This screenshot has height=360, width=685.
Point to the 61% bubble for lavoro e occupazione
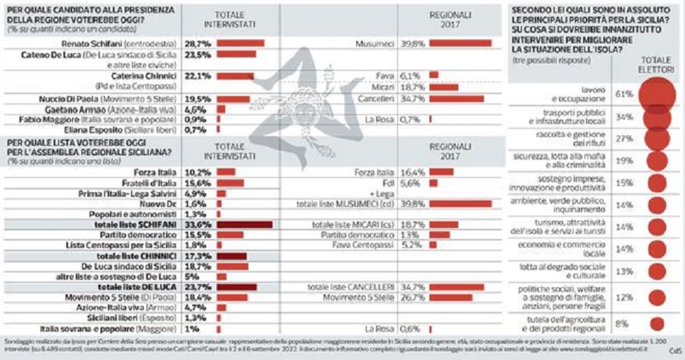658,95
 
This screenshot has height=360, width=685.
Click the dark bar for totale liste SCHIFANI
244,225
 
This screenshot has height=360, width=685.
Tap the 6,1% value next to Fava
410,74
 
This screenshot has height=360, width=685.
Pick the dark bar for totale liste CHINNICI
232,257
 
